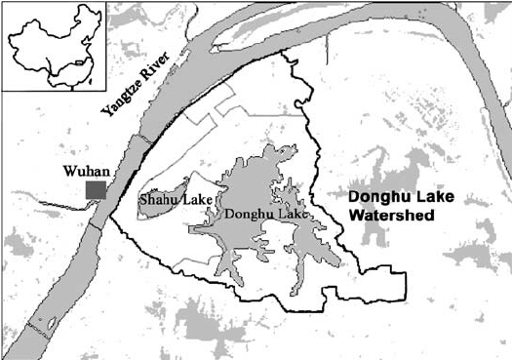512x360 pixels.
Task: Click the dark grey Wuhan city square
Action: [96, 189]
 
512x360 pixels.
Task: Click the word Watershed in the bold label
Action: [389, 213]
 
